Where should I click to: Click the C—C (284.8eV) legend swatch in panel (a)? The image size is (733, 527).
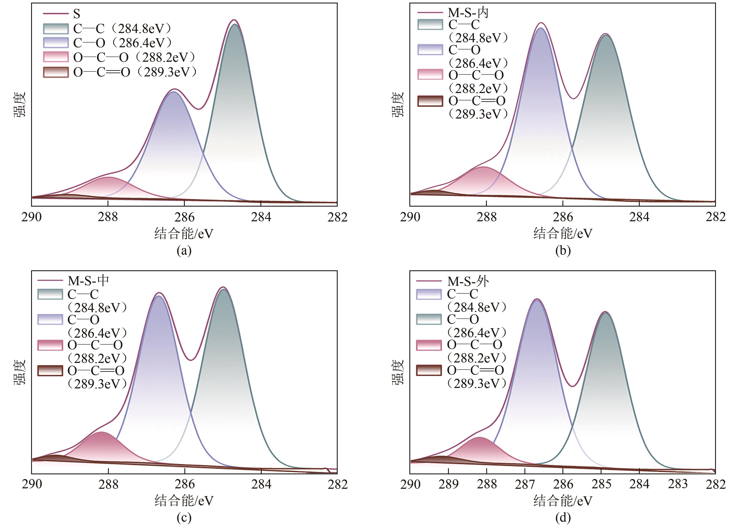click(x=56, y=29)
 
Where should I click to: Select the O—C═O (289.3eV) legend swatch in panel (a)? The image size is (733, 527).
click(x=56, y=72)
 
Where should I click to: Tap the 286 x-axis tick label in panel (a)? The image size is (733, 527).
click(x=185, y=217)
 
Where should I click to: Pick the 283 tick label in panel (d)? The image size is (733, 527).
click(x=678, y=484)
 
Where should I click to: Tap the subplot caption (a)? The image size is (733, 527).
click(x=184, y=251)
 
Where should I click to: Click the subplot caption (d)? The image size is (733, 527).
click(x=563, y=518)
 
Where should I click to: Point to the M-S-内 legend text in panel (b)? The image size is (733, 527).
click(x=468, y=13)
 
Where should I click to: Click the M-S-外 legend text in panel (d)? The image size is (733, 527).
click(x=468, y=281)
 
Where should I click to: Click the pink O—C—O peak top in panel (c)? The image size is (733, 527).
click(x=101, y=432)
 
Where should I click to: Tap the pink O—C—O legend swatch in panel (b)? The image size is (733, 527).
click(x=430, y=74)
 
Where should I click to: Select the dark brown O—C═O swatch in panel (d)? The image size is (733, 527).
click(x=429, y=370)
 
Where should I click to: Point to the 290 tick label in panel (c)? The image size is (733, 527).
click(x=32, y=484)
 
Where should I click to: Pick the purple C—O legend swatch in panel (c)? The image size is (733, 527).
click(x=50, y=320)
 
